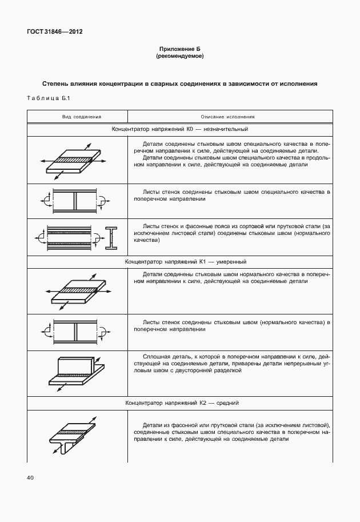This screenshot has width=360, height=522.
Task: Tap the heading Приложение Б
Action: (x=179, y=50)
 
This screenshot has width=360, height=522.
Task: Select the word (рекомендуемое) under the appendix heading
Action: (x=179, y=57)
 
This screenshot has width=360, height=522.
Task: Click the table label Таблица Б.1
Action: (x=47, y=99)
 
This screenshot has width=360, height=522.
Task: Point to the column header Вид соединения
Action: (x=81, y=116)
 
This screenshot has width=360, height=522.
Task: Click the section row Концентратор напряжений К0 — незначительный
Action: (x=179, y=130)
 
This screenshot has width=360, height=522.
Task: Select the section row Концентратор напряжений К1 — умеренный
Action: (x=179, y=262)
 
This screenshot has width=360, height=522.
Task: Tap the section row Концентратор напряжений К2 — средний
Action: (x=179, y=403)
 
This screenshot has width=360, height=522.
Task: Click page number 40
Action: (x=29, y=477)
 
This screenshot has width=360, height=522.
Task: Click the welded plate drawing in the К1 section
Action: (x=75, y=292)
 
